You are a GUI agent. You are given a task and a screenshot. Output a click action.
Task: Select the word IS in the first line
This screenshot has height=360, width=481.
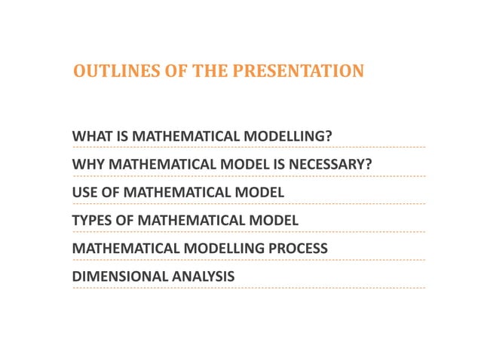[121, 136]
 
